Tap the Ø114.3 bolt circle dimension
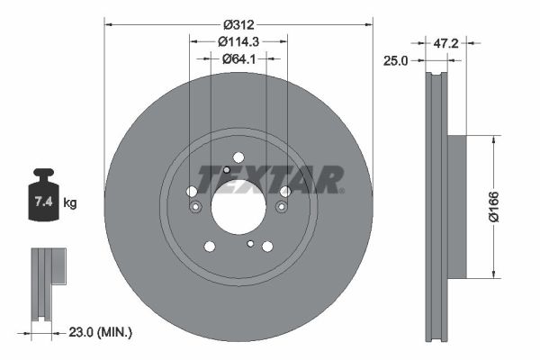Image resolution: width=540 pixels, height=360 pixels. (x=238, y=41)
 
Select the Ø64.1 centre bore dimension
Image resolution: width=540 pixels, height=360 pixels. (x=238, y=59)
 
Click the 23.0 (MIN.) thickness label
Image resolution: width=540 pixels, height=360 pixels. (x=101, y=334)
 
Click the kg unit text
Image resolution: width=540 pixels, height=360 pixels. (x=70, y=204)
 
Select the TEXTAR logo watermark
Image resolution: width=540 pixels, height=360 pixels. (x=270, y=179)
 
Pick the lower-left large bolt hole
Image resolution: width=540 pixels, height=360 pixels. (x=210, y=246)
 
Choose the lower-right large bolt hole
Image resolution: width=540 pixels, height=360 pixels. (x=267, y=246)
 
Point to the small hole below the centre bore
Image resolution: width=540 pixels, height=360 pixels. (x=248, y=243)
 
